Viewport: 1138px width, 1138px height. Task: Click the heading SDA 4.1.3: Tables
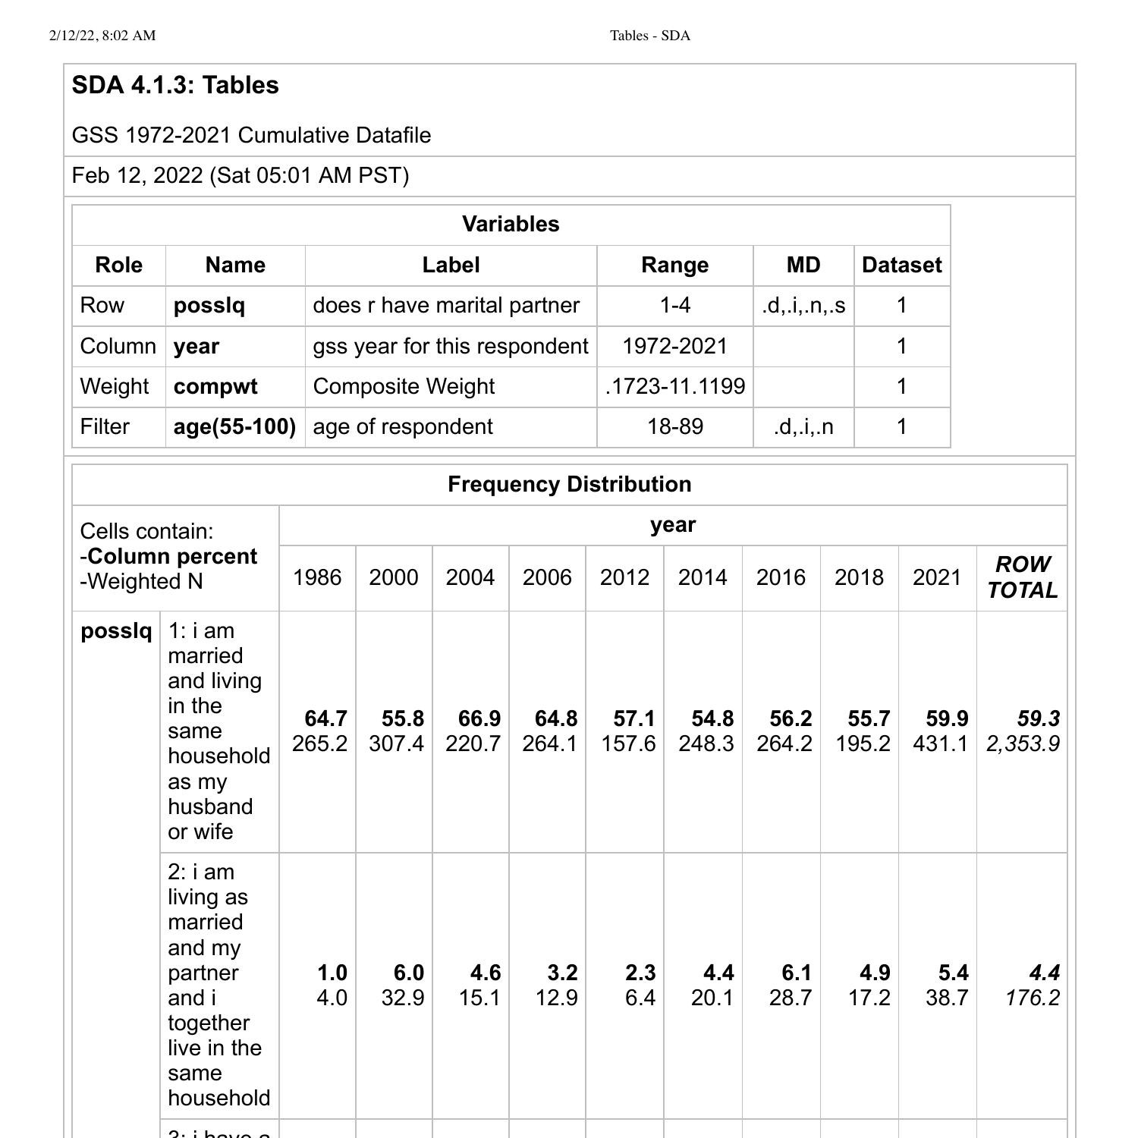point(175,85)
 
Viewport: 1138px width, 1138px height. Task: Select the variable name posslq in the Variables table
point(209,305)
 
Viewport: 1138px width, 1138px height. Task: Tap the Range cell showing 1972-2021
point(674,346)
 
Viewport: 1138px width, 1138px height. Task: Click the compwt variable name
point(215,386)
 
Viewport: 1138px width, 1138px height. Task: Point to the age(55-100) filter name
point(234,426)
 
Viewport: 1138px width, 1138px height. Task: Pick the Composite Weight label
point(404,386)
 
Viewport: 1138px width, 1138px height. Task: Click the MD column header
point(803,265)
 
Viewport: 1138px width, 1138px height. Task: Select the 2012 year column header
point(624,577)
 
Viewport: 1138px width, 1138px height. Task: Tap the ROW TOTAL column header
point(1022,577)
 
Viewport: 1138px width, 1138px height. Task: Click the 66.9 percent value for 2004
point(479,718)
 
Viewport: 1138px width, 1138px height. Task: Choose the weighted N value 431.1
point(940,743)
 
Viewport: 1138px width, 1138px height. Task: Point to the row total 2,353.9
point(1023,743)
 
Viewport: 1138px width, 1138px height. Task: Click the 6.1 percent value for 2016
point(796,973)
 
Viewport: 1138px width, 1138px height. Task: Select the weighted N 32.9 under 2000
point(402,998)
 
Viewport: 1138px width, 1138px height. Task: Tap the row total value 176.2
point(1032,998)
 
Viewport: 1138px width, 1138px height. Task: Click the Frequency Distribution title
point(569,484)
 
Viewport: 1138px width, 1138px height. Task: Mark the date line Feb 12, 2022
point(240,175)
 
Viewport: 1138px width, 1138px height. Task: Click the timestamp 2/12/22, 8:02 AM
point(102,36)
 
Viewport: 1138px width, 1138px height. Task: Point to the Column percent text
point(173,556)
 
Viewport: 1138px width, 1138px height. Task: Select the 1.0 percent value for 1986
point(332,973)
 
